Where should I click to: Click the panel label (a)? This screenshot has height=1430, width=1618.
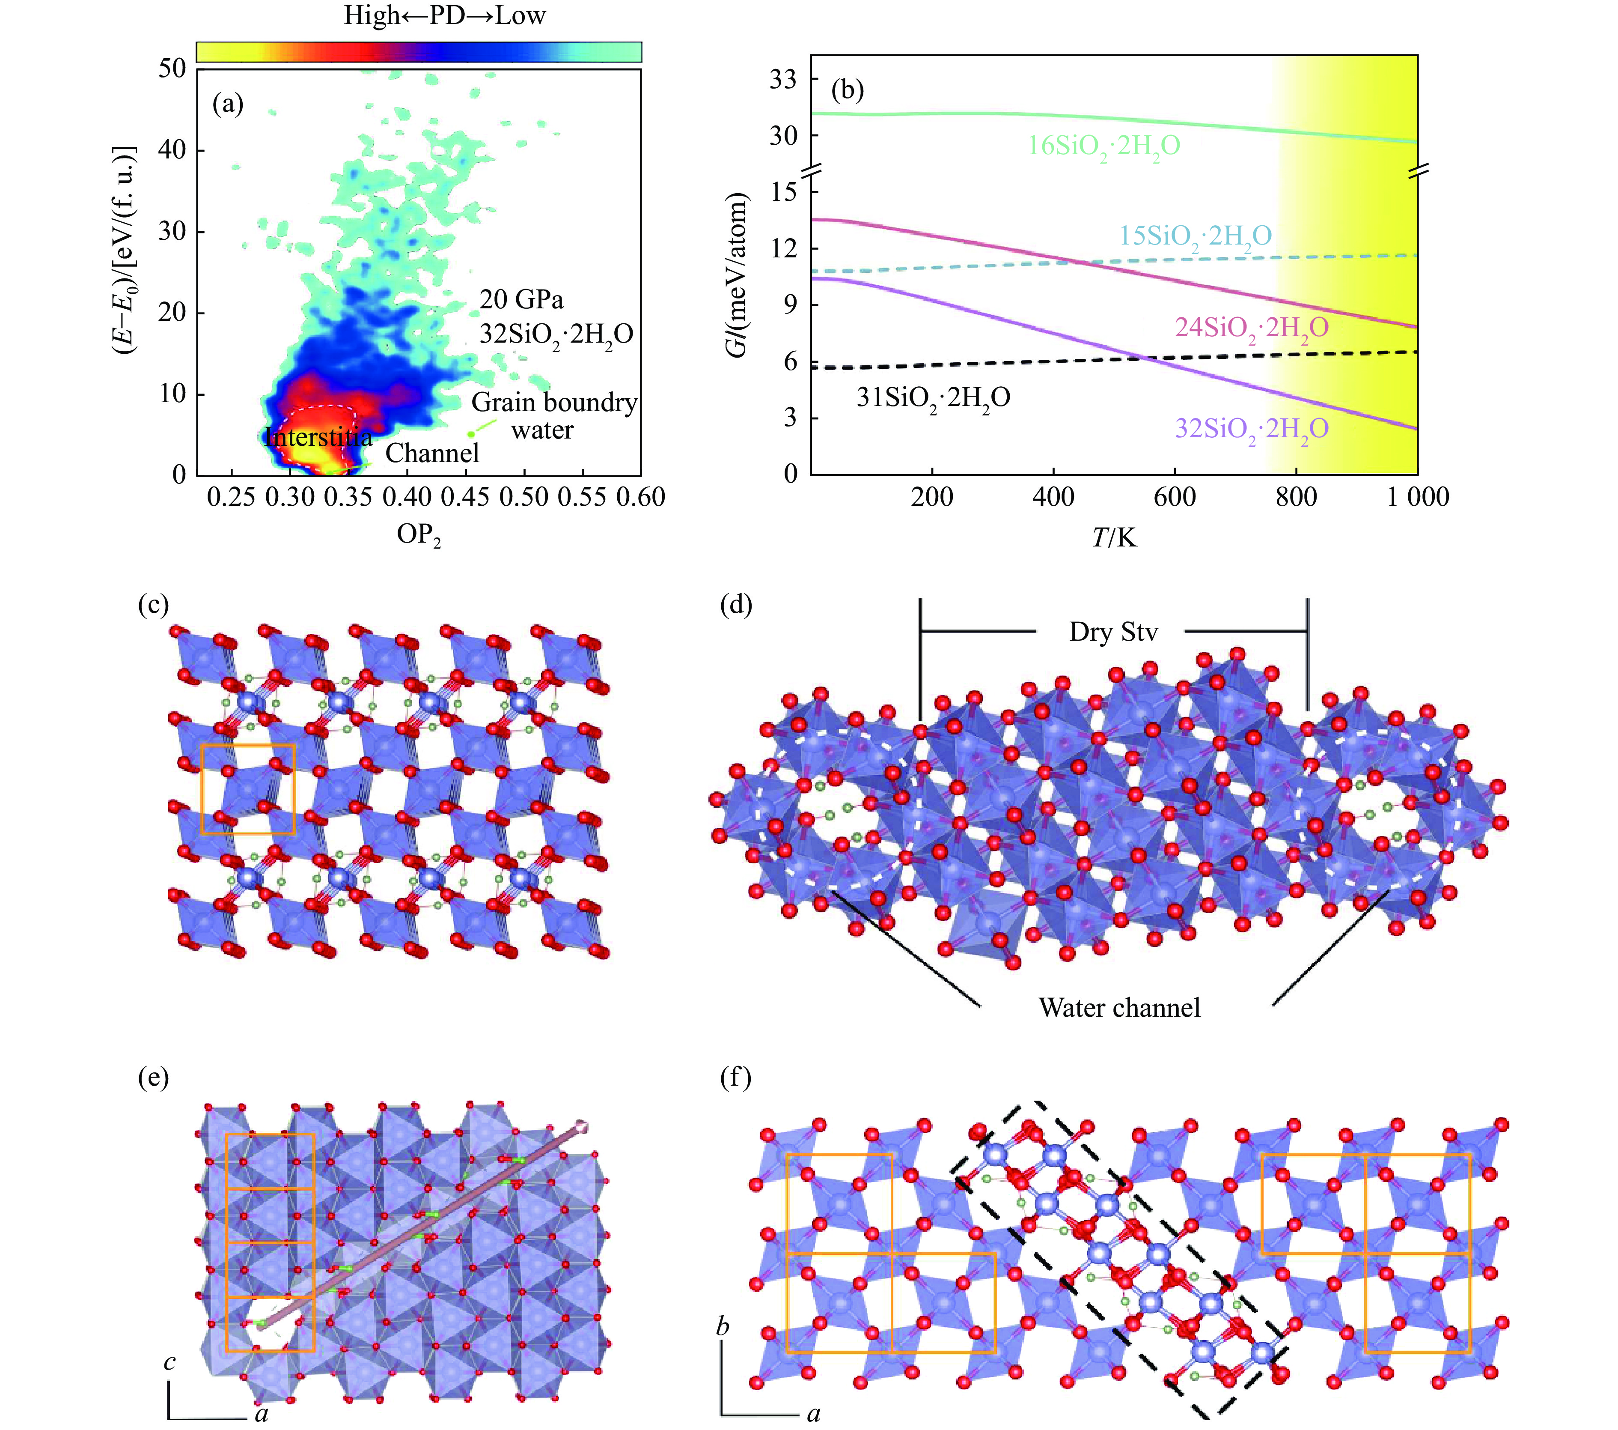point(228,104)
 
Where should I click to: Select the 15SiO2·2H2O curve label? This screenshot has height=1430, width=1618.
point(1195,236)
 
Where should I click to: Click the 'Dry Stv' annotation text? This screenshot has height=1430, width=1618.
point(1113,632)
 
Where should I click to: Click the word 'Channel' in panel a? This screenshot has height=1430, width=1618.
point(432,453)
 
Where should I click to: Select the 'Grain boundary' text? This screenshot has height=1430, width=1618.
point(554,403)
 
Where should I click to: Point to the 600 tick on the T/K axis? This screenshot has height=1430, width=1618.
point(1175,497)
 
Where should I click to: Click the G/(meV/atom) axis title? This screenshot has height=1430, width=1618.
point(737,275)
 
